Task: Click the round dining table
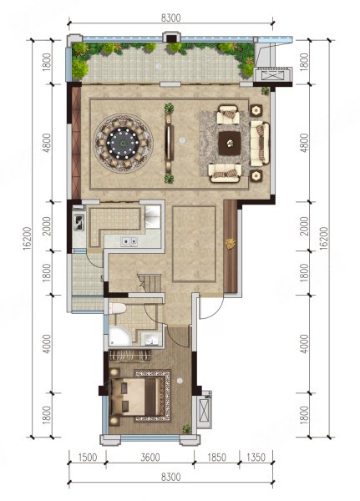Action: pyautogui.click(x=123, y=143)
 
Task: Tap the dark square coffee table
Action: pyautogui.click(x=230, y=144)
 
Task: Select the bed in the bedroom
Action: pyautogui.click(x=134, y=397)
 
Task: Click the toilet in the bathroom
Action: pyautogui.click(x=117, y=309)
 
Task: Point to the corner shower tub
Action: pyautogui.click(x=119, y=337)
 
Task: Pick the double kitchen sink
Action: pyautogui.click(x=129, y=241)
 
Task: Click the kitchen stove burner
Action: pyautogui.click(x=79, y=222)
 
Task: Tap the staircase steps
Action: pyautogui.click(x=150, y=283)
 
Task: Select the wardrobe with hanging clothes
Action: pyautogui.click(x=129, y=356)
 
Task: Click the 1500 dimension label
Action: pyautogui.click(x=87, y=458)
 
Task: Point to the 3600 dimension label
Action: pyautogui.click(x=150, y=458)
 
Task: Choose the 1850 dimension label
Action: pyautogui.click(x=216, y=458)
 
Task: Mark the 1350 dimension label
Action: pyautogui.click(x=256, y=458)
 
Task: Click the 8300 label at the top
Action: pyautogui.click(x=170, y=18)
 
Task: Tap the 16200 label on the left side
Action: pyautogui.click(x=27, y=238)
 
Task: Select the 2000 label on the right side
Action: pyautogui.click(x=305, y=226)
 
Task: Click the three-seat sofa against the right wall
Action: pyautogui.click(x=260, y=143)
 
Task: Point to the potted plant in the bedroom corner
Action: pyautogui.click(x=186, y=428)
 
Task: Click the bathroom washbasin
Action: pyautogui.click(x=150, y=339)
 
